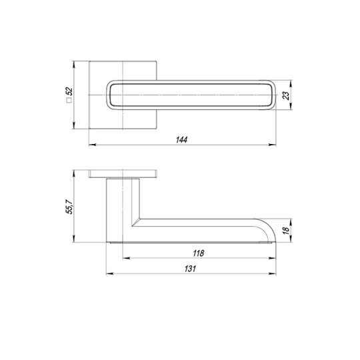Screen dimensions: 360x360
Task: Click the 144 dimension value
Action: (181, 139)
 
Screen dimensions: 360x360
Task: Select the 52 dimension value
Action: (69, 91)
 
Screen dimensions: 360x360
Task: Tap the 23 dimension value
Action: (286, 95)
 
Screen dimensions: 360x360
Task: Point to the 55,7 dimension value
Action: (69, 207)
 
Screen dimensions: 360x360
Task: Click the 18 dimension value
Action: (286, 231)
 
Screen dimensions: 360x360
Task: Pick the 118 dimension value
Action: (199, 253)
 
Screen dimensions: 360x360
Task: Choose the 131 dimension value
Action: (190, 269)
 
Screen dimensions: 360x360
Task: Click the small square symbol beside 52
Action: (69, 100)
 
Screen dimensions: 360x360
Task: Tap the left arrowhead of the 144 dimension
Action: (92, 145)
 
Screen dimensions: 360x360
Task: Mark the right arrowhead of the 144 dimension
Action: (273, 145)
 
